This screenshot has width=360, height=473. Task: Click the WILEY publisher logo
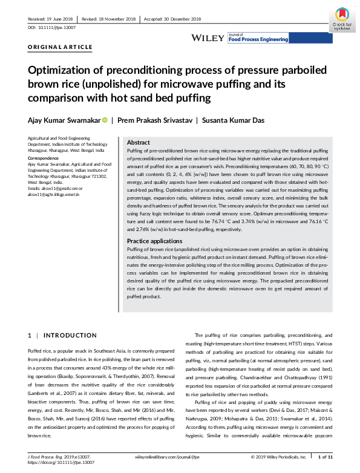pyautogui.click(x=208, y=38)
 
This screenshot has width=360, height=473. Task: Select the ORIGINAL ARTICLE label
pyautogui.click(x=61, y=47)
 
